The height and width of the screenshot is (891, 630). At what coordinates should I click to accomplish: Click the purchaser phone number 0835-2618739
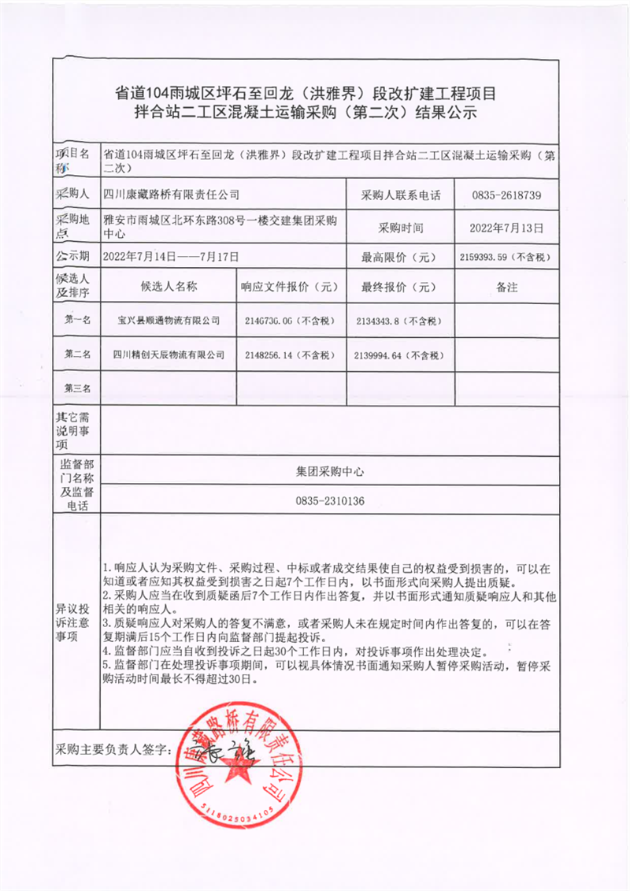click(506, 194)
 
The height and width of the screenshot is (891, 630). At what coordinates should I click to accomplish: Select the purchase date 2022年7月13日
click(506, 228)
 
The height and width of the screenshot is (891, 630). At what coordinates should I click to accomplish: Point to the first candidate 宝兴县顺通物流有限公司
click(169, 321)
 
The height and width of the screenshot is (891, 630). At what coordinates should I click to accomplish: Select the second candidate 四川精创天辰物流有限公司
click(169, 355)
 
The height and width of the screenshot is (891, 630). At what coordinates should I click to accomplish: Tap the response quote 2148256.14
click(291, 355)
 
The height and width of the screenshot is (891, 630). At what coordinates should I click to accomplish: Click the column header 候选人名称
click(169, 288)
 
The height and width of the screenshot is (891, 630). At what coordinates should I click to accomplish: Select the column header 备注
click(506, 288)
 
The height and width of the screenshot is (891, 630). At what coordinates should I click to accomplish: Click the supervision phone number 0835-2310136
click(330, 501)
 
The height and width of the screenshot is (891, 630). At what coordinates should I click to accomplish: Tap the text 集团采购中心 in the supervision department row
click(330, 472)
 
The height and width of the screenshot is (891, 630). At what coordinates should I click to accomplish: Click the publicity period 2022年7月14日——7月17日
click(171, 257)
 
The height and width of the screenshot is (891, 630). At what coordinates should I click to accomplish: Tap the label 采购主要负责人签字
click(114, 752)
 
